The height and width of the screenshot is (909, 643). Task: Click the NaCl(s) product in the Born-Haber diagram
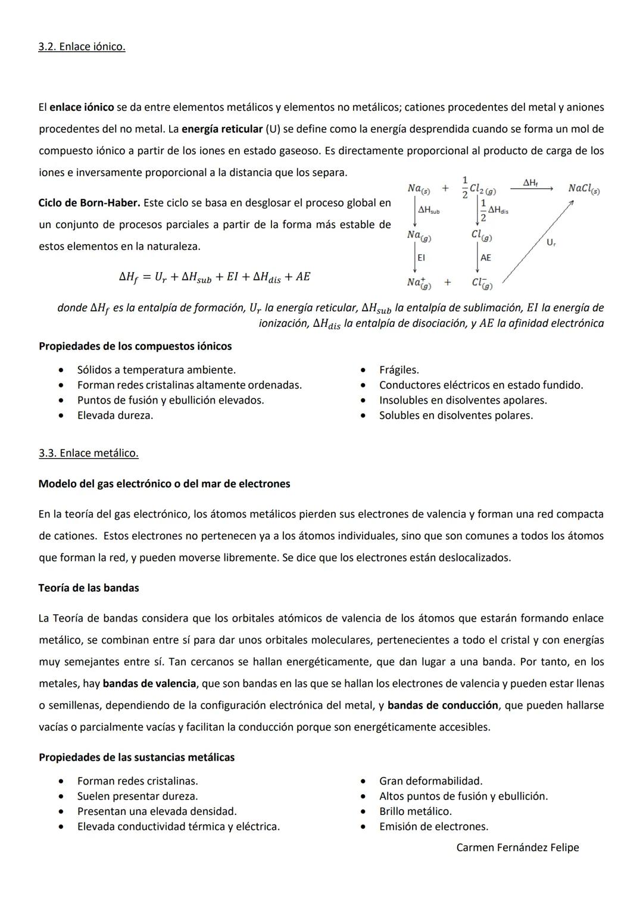(583, 189)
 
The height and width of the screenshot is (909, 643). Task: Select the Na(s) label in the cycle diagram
(419, 189)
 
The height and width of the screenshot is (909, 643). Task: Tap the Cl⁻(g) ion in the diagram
(482, 283)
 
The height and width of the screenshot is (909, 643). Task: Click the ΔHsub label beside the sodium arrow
(429, 211)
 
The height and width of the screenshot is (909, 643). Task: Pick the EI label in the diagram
(421, 258)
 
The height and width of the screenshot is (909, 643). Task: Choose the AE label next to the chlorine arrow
(486, 258)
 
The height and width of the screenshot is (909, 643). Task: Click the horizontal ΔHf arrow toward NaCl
(531, 189)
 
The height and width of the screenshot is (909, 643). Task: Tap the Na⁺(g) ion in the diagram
(419, 283)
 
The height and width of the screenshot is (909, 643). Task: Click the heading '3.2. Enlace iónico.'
(82, 46)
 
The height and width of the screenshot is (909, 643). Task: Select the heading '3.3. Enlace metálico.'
(88, 453)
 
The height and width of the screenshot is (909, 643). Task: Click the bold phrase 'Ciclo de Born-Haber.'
(89, 203)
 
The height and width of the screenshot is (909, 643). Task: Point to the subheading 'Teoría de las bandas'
(89, 588)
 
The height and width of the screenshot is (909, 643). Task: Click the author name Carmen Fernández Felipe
(517, 847)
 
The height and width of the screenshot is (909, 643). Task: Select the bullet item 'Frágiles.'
(399, 370)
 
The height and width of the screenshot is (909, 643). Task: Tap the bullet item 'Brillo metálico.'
(415, 811)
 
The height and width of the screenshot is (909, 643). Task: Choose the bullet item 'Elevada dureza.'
(115, 416)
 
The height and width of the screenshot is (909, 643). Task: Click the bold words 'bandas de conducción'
(442, 705)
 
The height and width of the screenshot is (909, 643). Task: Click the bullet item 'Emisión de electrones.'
(433, 826)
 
